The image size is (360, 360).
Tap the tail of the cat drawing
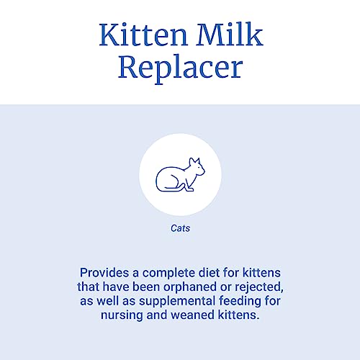[173, 191]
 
